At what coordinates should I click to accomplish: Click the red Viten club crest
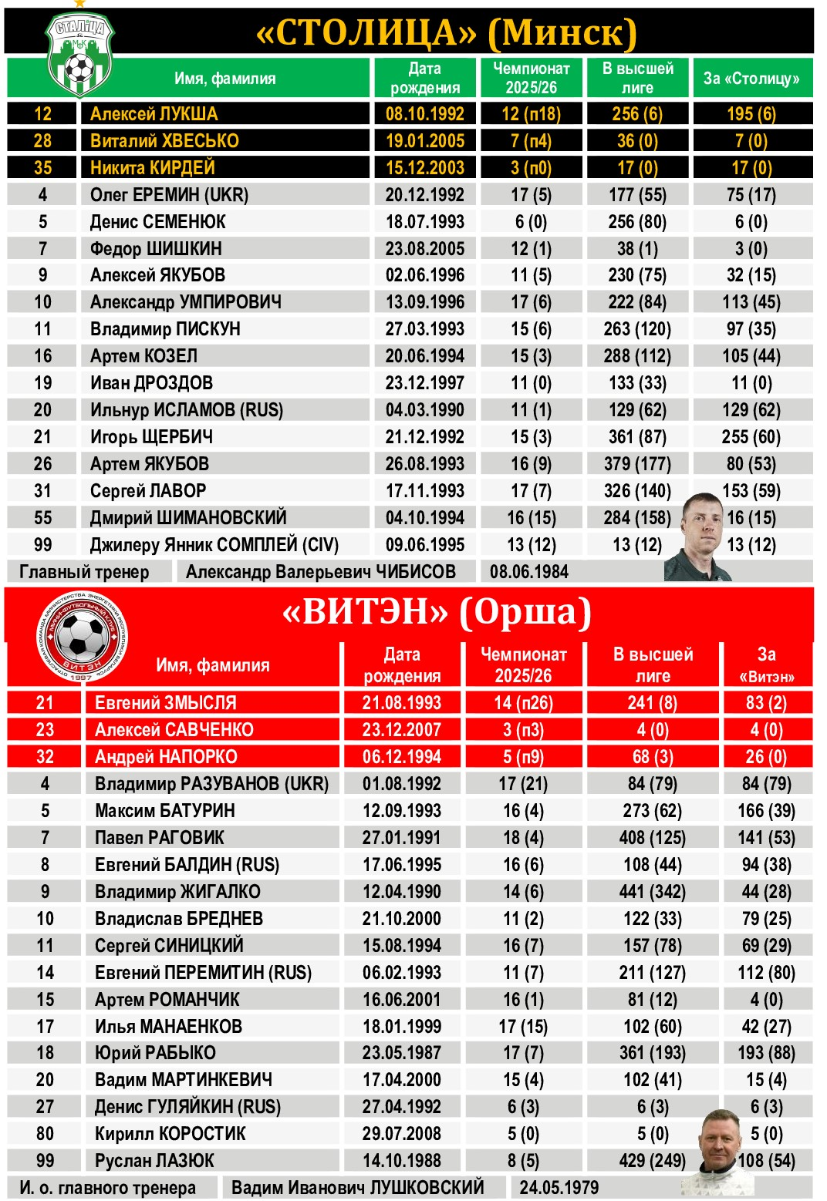pos(81,637)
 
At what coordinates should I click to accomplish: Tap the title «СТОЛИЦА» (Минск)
pos(446,32)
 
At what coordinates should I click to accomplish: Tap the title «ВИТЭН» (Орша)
pos(437,613)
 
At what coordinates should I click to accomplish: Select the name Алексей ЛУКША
pos(154,114)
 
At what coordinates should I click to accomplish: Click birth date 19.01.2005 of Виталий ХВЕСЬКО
pos(425,141)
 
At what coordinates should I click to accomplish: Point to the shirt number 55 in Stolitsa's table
pos(43,518)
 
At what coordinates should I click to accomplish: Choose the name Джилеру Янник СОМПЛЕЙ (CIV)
pos(214,545)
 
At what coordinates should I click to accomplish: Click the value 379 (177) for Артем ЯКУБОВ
pos(637,464)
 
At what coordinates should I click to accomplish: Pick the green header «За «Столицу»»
pos(751,79)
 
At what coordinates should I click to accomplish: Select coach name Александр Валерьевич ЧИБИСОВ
pos(320,572)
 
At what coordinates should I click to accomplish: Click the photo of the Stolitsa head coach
pos(703,538)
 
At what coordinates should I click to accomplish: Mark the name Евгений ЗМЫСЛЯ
pos(165,703)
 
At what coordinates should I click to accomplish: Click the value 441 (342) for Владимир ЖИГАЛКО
pos(653,892)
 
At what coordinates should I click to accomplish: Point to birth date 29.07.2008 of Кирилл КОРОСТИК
pos(402,1134)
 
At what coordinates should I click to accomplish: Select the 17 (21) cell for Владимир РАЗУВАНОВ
pos(523,784)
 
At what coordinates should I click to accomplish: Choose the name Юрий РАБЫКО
pos(155,1053)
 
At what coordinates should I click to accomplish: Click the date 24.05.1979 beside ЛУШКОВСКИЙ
pos(559,1187)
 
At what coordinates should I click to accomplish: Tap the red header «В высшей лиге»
pos(653,664)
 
